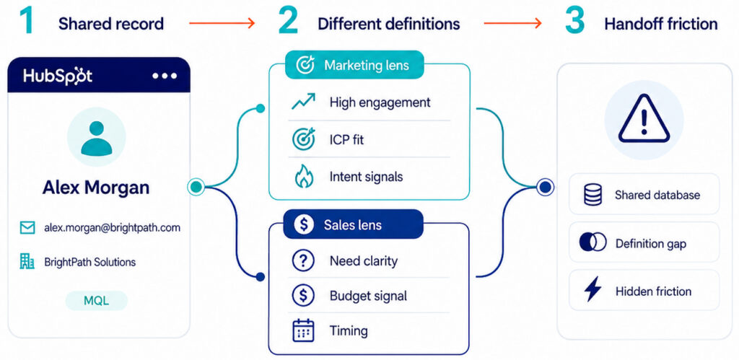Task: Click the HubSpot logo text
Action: (58, 76)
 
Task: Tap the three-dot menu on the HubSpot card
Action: (165, 76)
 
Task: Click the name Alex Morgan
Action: (96, 188)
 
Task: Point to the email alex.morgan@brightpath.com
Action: (112, 227)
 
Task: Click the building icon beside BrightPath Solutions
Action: (27, 261)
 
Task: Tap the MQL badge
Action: (96, 301)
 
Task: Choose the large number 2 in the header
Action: (288, 21)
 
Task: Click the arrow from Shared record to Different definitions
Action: (222, 22)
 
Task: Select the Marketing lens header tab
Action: (354, 65)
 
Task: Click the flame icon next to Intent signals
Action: (303, 177)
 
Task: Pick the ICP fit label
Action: (347, 139)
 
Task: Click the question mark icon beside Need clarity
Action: (303, 260)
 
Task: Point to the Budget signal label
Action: (368, 296)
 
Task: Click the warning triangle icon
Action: (643, 120)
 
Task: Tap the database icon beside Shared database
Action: (593, 195)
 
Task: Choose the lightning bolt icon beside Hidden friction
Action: (593, 289)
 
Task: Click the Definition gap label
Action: (651, 244)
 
